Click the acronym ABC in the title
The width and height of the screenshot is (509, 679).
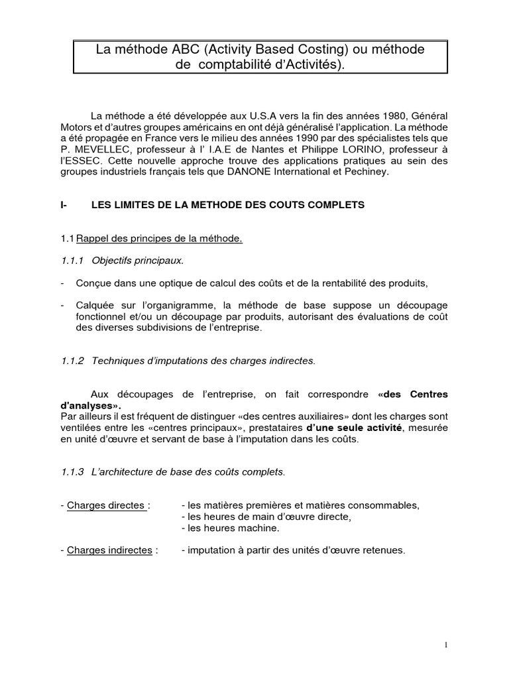(168, 50)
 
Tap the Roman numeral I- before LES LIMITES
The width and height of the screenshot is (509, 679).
(64, 206)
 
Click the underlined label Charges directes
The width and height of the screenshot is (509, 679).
(106, 505)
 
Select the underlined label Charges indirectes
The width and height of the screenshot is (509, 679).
(109, 550)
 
